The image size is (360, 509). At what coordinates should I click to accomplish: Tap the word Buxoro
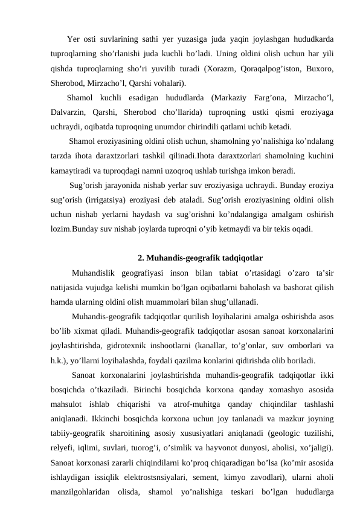pyautogui.click(x=321, y=69)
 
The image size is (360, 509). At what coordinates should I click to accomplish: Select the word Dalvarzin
pyautogui.click(x=70, y=112)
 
